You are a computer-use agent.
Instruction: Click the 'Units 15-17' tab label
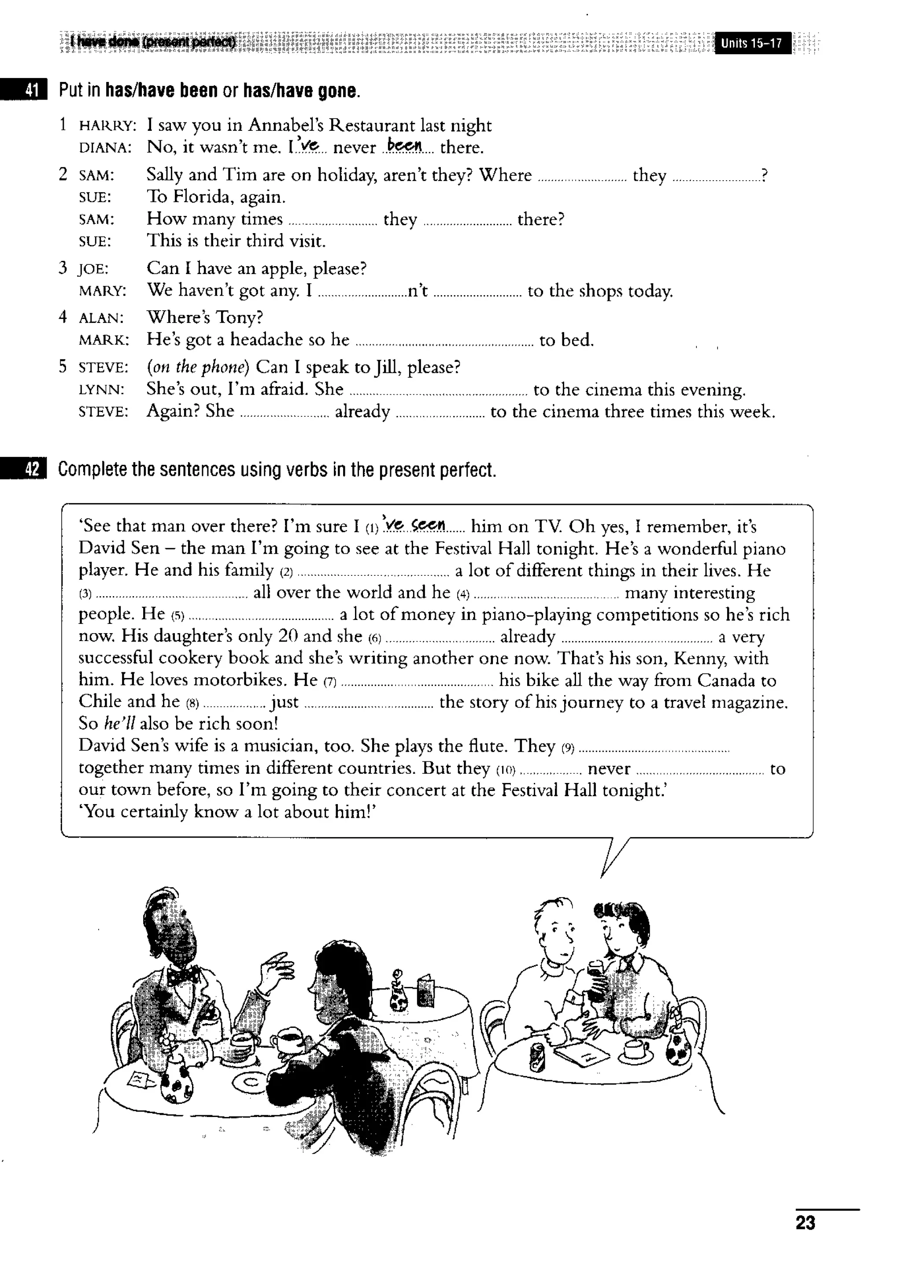753,43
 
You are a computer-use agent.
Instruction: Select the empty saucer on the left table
251,1081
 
